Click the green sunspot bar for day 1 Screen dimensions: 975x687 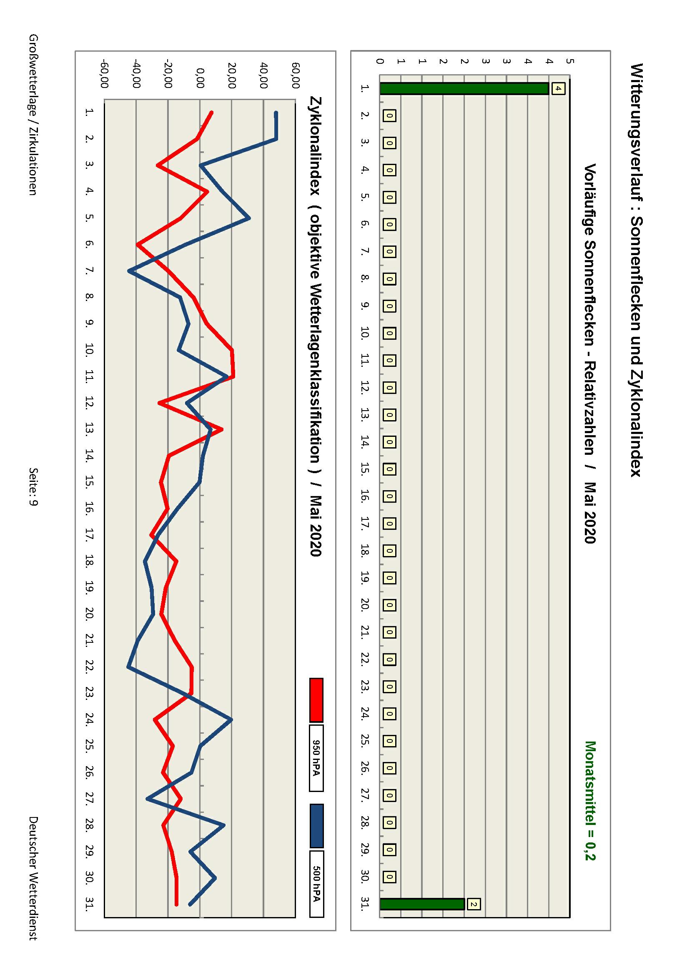[x=464, y=88]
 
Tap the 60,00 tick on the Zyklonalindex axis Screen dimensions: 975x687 [x=296, y=75]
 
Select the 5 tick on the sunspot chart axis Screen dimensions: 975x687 [x=570, y=61]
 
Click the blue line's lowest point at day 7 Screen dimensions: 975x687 [x=130, y=271]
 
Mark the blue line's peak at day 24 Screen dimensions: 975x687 [x=231, y=720]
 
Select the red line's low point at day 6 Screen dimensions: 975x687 [x=138, y=245]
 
